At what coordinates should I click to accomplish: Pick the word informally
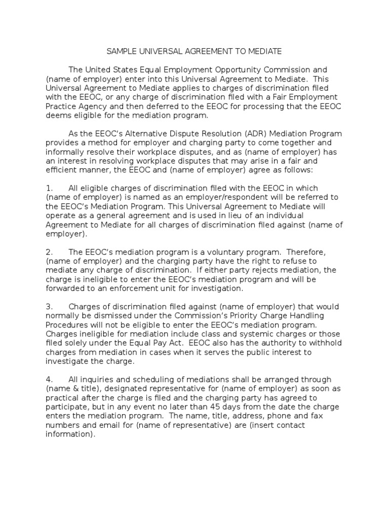click(x=64, y=152)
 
